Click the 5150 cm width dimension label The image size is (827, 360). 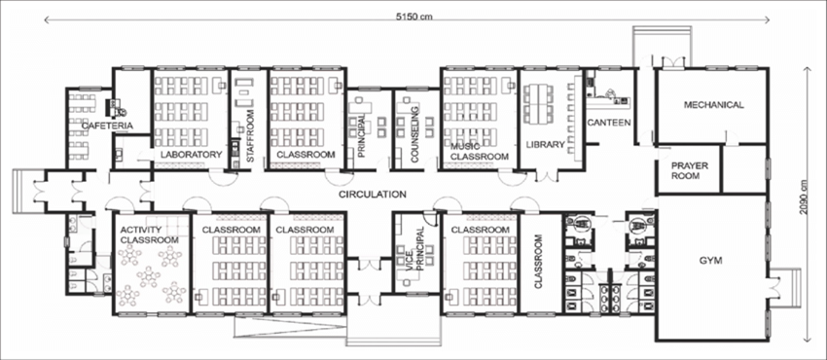pos(414,16)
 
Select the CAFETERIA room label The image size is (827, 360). pos(107,126)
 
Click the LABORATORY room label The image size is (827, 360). pos(192,155)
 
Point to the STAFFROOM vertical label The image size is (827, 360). pos(250,136)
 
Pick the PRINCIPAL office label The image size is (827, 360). pos(362,136)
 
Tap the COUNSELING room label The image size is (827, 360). pos(414,135)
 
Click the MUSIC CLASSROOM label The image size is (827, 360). pos(480,151)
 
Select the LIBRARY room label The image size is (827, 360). pos(546,144)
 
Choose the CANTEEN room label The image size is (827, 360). pos(609,123)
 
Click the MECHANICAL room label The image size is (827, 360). pos(713,105)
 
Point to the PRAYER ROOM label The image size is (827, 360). pos(690,171)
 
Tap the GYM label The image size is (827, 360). pos(711,261)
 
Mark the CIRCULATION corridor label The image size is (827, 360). pos(373,194)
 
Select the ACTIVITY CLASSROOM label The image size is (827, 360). pos(149,235)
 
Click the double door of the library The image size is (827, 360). pos(546,175)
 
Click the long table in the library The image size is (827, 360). pos(539,103)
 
